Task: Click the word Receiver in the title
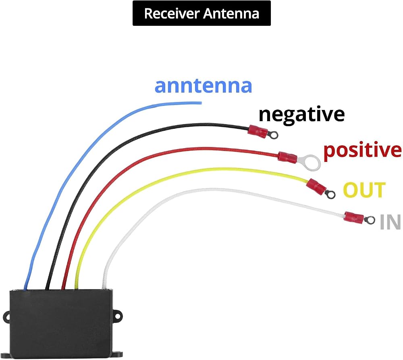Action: [x=172, y=13]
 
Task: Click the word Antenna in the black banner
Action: [x=231, y=13]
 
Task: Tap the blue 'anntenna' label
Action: [x=203, y=86]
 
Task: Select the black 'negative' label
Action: [x=301, y=114]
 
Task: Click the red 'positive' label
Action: [x=362, y=150]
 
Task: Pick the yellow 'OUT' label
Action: [x=364, y=190]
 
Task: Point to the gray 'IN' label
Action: [x=390, y=222]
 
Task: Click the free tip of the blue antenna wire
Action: [x=201, y=103]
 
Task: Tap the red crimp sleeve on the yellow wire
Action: [x=316, y=186]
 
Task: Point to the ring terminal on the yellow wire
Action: [x=330, y=194]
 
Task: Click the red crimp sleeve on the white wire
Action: [x=354, y=217]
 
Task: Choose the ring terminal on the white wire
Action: [x=370, y=220]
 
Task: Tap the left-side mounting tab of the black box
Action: [x=6, y=317]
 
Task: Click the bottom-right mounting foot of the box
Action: [x=118, y=355]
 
